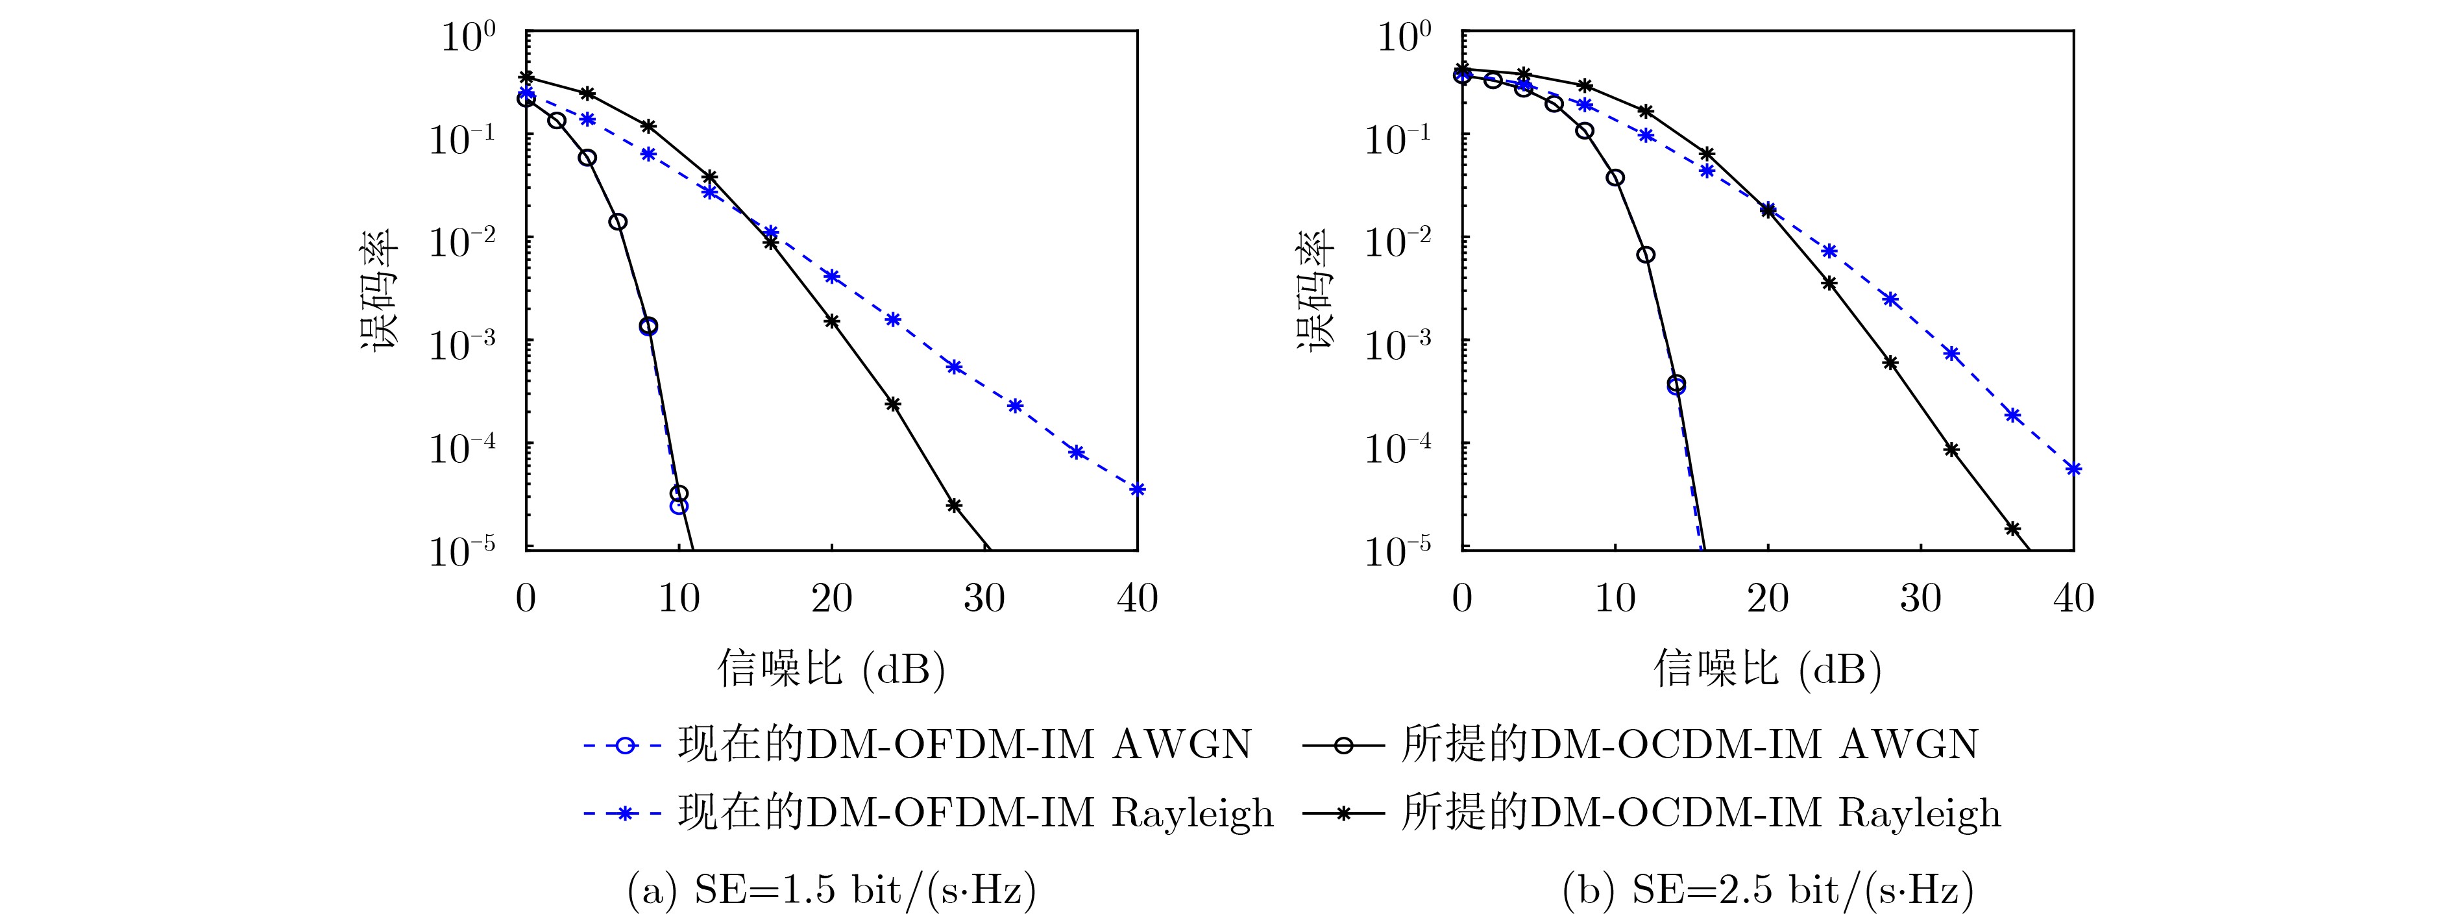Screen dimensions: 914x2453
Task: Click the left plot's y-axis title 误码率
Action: tap(380, 291)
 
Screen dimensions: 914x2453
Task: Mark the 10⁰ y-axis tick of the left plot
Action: tap(467, 38)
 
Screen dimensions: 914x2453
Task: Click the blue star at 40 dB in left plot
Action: tap(1137, 489)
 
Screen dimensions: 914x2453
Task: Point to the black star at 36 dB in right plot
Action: tap(2013, 528)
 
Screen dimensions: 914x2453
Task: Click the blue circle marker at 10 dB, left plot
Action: tap(678, 506)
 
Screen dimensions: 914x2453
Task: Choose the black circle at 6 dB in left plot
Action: tap(618, 222)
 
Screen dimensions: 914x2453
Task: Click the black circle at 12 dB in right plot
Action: tap(1646, 254)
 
